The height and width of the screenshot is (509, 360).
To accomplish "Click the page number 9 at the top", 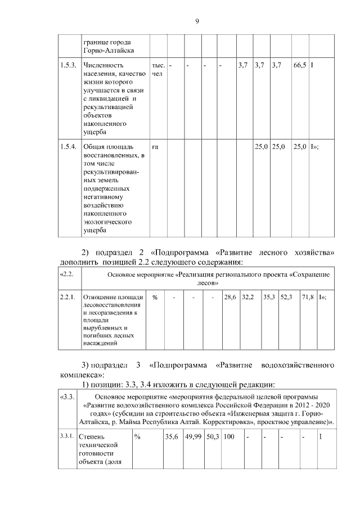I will point(197,21).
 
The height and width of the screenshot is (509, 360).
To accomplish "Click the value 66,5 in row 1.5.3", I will point(299,66).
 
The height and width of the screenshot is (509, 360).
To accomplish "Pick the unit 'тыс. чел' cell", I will point(158,70).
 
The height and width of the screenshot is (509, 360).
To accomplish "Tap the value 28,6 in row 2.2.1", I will point(229,296).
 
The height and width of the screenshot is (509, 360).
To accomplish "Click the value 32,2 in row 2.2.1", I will point(248,296).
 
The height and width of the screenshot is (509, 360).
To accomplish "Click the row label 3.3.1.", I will point(67,436).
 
